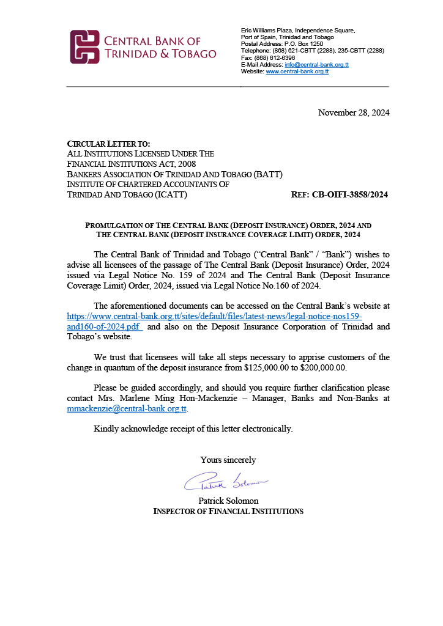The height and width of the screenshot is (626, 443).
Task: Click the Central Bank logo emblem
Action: pos(84,47)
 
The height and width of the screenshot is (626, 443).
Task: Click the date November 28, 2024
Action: pos(354,112)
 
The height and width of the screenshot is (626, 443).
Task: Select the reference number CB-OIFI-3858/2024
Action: pos(349,195)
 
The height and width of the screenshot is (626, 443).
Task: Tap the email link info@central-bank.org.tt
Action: pos(316,64)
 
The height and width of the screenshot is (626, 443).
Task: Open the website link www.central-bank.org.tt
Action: pos(297,72)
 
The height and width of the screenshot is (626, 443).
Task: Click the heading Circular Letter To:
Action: pos(108,144)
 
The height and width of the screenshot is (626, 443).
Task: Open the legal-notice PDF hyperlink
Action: pos(214,322)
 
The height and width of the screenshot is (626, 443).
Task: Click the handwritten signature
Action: pos(226,484)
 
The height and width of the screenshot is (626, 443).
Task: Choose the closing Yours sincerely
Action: pos(228,460)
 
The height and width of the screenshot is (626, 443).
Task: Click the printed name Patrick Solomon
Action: pos(228,501)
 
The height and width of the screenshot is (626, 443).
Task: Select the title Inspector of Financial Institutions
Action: pos(228,511)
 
